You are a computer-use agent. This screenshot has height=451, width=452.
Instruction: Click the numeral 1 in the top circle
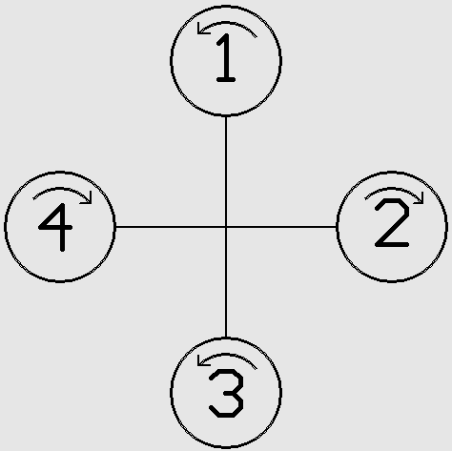(x=227, y=58)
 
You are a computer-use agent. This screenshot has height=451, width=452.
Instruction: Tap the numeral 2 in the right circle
(x=392, y=223)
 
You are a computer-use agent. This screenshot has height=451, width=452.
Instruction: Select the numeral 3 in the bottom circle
(x=226, y=393)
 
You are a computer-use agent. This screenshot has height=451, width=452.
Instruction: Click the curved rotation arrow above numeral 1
(x=226, y=23)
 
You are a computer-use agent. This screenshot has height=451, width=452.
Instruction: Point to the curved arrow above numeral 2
(x=393, y=189)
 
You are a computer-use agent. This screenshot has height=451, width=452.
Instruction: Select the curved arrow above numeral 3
(x=226, y=355)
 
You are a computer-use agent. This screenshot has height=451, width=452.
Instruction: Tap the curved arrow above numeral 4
(x=61, y=189)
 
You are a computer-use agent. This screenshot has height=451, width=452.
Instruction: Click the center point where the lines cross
(x=226, y=227)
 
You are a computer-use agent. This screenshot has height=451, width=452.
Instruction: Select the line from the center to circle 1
(x=226, y=172)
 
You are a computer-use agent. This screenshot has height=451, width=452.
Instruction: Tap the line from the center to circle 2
(x=281, y=227)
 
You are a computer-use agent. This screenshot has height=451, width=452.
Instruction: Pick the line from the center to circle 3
(x=226, y=282)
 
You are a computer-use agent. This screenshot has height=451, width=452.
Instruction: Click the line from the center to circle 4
(x=171, y=227)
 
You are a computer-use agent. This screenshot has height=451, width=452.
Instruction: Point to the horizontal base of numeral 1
(x=226, y=80)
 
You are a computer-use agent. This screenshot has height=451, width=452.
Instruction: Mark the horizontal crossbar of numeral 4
(x=55, y=228)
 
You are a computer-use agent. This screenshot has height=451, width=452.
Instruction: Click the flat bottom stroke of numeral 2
(x=392, y=245)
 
